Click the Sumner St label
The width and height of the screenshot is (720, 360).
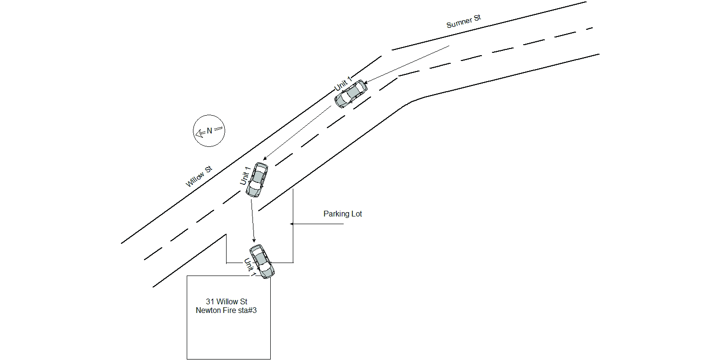(464, 21)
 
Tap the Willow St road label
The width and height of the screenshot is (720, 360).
(199, 177)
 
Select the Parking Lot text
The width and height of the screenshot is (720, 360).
(343, 214)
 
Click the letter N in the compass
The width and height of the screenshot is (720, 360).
(210, 131)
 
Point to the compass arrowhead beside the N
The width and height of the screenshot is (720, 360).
(198, 133)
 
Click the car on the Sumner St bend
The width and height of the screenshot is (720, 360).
(351, 94)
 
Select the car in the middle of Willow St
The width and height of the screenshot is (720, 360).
(257, 180)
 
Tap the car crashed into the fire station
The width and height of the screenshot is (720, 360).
(262, 261)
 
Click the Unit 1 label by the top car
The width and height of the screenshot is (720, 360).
(343, 84)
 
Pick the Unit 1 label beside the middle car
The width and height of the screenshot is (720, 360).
(245, 176)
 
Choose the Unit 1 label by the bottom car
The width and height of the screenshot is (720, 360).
(250, 267)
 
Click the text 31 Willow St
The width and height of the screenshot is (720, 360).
(227, 301)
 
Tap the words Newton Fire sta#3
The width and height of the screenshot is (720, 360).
(226, 310)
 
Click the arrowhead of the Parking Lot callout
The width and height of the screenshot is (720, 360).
(292, 224)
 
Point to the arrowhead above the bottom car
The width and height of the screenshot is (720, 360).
(254, 240)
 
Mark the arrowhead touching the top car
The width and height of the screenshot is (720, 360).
(365, 82)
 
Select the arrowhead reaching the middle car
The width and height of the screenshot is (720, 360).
(265, 158)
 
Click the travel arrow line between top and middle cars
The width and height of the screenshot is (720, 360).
(297, 133)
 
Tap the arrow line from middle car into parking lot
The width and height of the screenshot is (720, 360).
(252, 220)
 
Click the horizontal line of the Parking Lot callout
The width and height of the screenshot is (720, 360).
(317, 224)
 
